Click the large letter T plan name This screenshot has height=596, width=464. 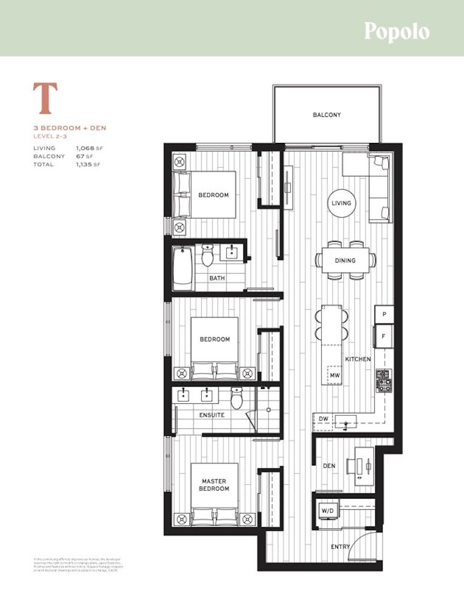(45, 98)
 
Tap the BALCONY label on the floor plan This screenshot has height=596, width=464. (327, 115)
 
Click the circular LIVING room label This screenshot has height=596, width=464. (341, 203)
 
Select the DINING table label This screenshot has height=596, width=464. (345, 260)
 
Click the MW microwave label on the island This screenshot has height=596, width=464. (334, 374)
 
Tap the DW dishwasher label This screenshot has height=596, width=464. (324, 419)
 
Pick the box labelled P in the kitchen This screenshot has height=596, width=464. (384, 314)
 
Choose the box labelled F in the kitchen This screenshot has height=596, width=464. (384, 335)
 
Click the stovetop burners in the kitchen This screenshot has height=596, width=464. (384, 380)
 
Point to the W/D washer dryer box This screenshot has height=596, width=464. (328, 511)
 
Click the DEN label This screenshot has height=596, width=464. (329, 466)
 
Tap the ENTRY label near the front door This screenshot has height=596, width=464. (340, 547)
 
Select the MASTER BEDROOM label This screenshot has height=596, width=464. (214, 485)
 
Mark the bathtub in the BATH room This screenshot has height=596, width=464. (182, 268)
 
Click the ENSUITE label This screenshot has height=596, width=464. (212, 415)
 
